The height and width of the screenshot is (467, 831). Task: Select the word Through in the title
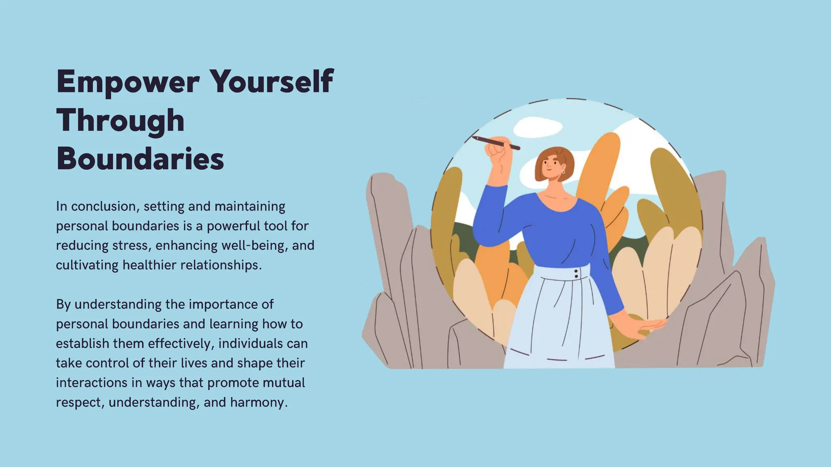click(x=121, y=121)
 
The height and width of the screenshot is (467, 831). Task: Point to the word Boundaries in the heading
click(x=140, y=159)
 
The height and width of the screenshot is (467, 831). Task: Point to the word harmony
click(x=258, y=403)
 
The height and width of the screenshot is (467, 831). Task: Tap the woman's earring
click(x=563, y=172)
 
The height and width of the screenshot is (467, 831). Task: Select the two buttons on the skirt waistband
click(x=576, y=274)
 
